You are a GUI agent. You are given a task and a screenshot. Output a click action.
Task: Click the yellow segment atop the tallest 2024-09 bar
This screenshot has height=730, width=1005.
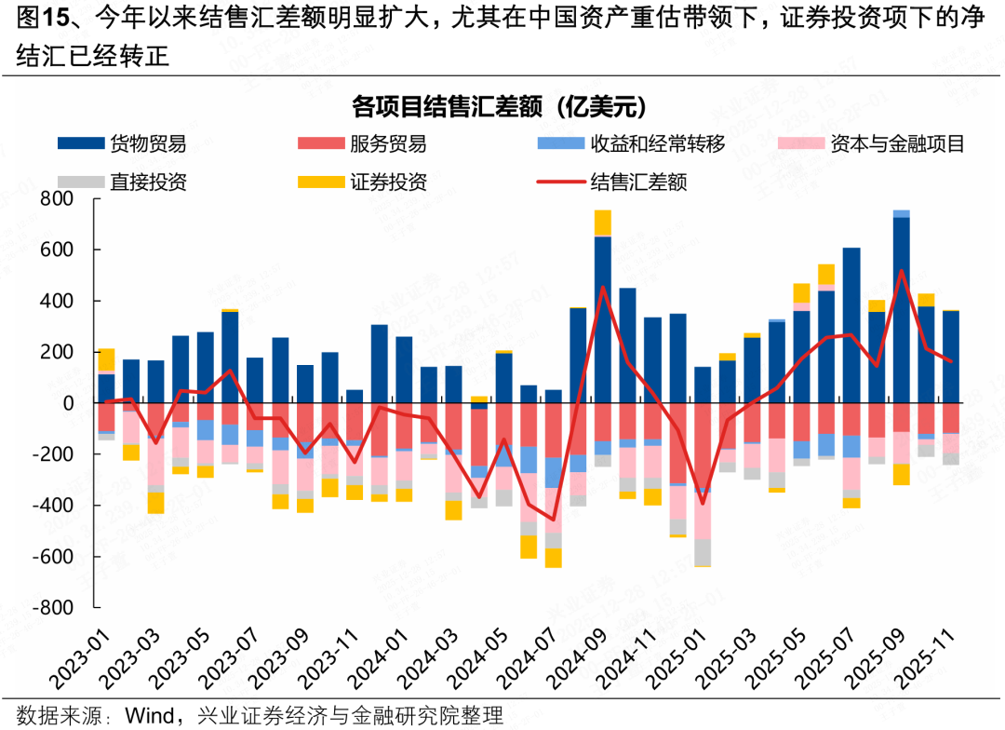[x=603, y=223]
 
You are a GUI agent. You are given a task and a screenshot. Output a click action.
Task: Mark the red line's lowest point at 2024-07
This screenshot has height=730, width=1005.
[x=554, y=520]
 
